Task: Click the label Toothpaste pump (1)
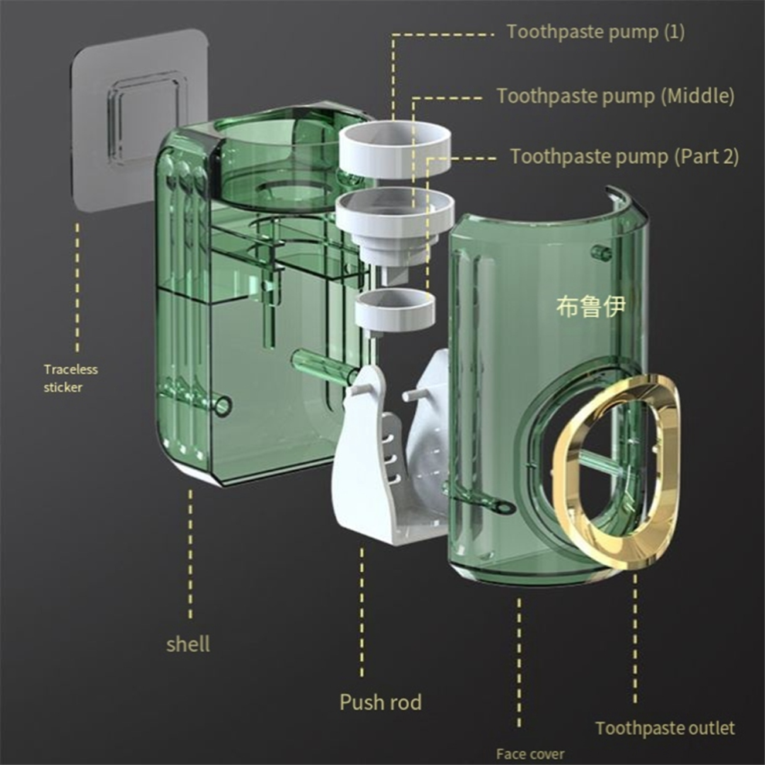pos(596,32)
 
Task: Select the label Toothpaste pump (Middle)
pos(616,96)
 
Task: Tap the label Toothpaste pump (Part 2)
pos(624,157)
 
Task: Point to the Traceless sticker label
pos(71,378)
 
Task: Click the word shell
pos(188,644)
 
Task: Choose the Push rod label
pos(380,702)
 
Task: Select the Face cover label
pos(530,753)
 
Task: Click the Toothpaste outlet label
pos(665,728)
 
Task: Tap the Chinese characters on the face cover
pos(591,307)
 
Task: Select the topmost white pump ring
pos(394,149)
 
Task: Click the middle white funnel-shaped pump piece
pos(394,229)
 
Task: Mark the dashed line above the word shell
pos(190,555)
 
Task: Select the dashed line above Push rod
pos(362,612)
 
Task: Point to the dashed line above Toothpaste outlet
pos(635,639)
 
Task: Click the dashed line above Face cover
pos(519,662)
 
